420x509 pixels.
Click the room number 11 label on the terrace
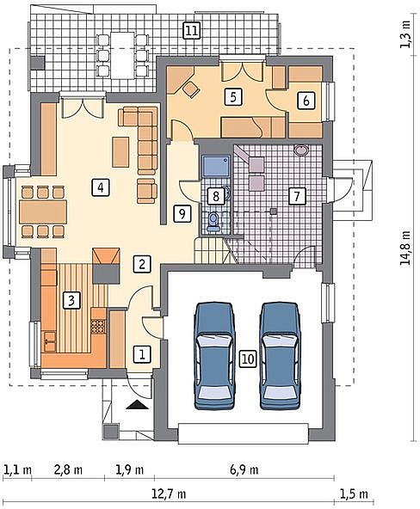tap(191, 30)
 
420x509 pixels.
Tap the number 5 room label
tap(233, 97)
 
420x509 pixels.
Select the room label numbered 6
tap(306, 101)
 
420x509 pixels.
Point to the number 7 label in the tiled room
tap(296, 196)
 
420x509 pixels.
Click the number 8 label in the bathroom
tap(216, 196)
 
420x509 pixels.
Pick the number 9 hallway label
tap(182, 213)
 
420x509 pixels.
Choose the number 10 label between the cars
tap(248, 359)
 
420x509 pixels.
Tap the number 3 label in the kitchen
tap(71, 300)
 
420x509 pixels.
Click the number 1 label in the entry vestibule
tap(142, 354)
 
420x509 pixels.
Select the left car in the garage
tap(214, 355)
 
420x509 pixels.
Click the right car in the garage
tap(281, 355)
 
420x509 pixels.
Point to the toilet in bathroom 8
tap(213, 222)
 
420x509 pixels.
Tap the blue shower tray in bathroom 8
tap(216, 166)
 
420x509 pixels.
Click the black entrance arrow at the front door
tap(137, 404)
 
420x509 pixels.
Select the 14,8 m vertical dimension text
tap(405, 248)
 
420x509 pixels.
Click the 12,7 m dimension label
tap(169, 494)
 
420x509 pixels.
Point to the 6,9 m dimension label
tap(244, 469)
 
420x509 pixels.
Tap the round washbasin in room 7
tap(302, 150)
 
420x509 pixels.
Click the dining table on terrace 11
tap(122, 55)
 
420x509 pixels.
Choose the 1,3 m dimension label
tap(405, 34)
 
